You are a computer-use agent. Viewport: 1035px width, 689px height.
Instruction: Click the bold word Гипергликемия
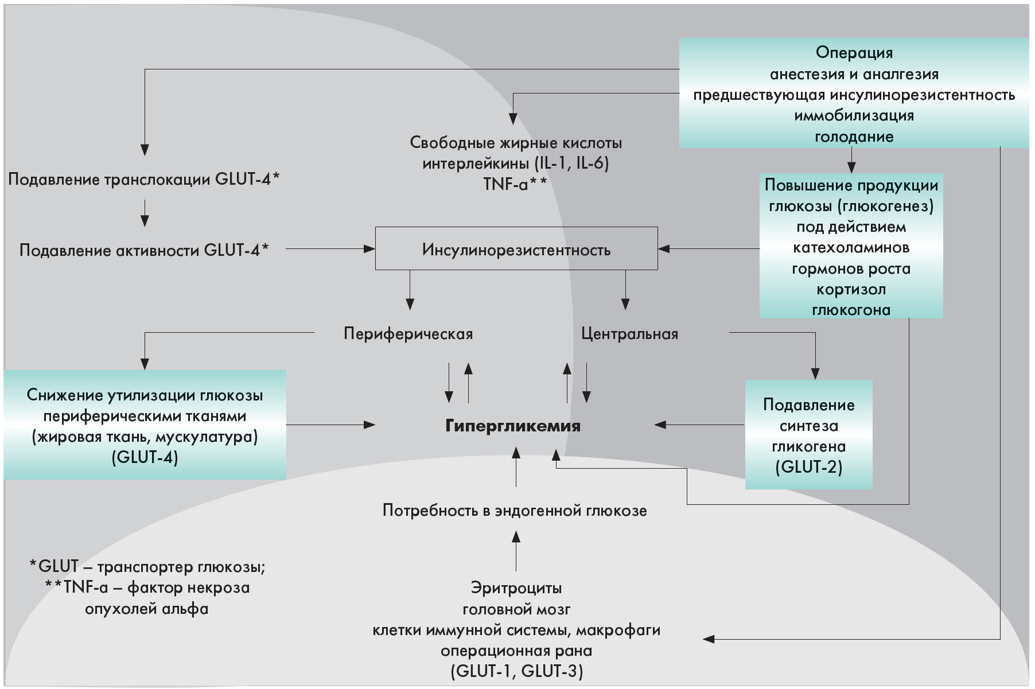pyautogui.click(x=513, y=426)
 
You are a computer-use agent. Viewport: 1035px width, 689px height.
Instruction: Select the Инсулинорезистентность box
pyautogui.click(x=516, y=250)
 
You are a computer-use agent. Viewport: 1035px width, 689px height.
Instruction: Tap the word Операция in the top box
pyautogui.click(x=854, y=53)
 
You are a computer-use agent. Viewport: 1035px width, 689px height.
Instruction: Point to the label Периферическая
pyautogui.click(x=408, y=334)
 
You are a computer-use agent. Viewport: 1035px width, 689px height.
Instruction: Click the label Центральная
pyautogui.click(x=629, y=334)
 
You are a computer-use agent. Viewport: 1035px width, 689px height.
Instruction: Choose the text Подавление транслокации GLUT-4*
pyautogui.click(x=144, y=180)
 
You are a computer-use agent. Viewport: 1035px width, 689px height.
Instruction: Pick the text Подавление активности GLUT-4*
pyautogui.click(x=144, y=250)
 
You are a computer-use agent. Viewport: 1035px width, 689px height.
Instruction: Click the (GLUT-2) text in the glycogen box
pyautogui.click(x=808, y=467)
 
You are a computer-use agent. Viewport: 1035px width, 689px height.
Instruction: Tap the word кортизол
pyautogui.click(x=851, y=289)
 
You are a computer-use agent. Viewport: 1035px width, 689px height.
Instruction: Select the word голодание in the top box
pyautogui.click(x=854, y=137)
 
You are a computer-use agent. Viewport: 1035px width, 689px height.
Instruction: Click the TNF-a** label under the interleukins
pyautogui.click(x=515, y=184)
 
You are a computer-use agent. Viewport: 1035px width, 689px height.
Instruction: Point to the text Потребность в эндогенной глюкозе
pyautogui.click(x=515, y=511)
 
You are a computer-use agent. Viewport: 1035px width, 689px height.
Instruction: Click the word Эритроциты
pyautogui.click(x=516, y=588)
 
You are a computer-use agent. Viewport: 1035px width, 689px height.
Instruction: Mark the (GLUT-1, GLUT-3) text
pyautogui.click(x=516, y=671)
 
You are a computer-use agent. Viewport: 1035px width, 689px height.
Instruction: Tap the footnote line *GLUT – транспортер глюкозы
pyautogui.click(x=147, y=567)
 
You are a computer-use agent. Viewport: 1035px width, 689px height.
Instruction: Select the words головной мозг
pyautogui.click(x=516, y=609)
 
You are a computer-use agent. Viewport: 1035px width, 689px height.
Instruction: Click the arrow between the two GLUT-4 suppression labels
pyautogui.click(x=145, y=213)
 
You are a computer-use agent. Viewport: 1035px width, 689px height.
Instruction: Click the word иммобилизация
pyautogui.click(x=854, y=116)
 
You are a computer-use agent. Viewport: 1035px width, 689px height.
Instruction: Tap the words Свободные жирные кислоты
pyautogui.click(x=516, y=142)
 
